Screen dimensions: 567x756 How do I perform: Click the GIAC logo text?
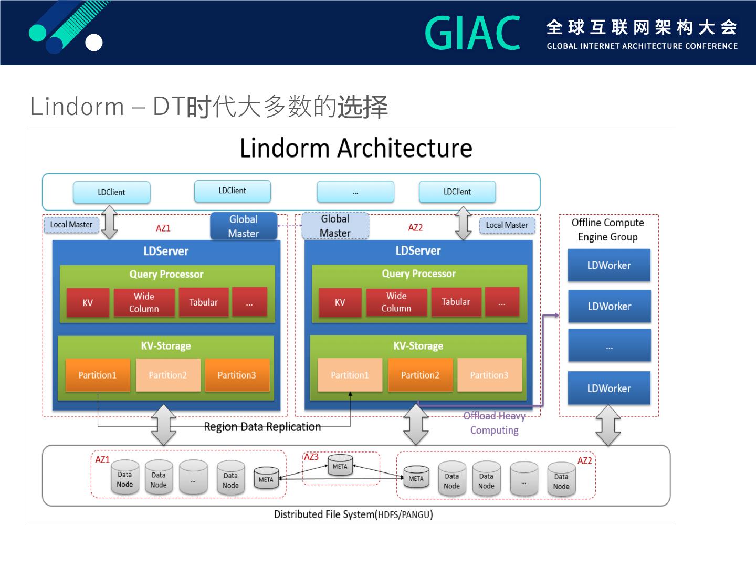coord(472,33)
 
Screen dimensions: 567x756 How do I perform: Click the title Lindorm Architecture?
coord(356,148)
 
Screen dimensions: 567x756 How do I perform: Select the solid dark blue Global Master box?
coord(243,226)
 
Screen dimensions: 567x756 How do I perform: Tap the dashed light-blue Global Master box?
coord(335,226)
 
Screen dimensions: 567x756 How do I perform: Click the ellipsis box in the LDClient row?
coord(355,192)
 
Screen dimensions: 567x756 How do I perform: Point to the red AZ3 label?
coord(311,457)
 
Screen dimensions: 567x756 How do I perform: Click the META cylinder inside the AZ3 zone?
coord(340,466)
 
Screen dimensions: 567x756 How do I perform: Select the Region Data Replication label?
coord(262,427)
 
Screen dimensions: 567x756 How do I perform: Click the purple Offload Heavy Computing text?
coord(494,423)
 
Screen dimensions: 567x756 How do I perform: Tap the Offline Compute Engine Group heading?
coord(607,229)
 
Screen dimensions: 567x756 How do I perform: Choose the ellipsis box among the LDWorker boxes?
coord(609,346)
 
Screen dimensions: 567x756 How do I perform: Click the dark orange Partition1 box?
coord(98,375)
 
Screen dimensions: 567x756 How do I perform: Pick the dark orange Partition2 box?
coord(420,375)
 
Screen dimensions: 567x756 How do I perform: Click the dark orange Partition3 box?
coord(237,375)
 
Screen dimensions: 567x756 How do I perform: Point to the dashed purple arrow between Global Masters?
coord(289,226)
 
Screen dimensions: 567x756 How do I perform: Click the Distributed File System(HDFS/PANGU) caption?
coord(353,514)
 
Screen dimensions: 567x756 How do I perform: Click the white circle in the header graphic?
coord(94,43)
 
